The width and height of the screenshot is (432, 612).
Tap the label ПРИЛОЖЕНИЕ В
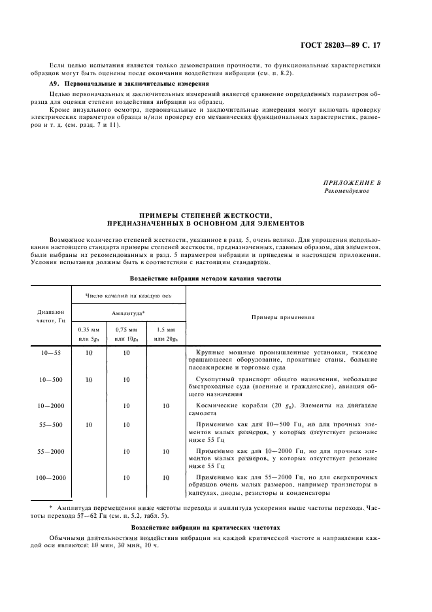[352, 182]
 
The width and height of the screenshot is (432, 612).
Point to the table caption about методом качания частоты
[205, 278]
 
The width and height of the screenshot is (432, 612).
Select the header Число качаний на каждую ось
[129, 295]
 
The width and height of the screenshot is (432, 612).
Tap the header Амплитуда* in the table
[129, 313]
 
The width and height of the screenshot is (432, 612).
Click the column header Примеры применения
[283, 317]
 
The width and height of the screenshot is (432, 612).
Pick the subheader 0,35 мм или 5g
[90, 334]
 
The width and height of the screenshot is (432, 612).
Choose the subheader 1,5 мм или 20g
[166, 334]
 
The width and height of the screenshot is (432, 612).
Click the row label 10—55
[51, 352]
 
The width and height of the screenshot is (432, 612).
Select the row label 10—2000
[51, 405]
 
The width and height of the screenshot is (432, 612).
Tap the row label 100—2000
[51, 478]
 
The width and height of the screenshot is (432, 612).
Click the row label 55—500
[51, 424]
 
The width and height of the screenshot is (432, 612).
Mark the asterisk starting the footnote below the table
[51, 507]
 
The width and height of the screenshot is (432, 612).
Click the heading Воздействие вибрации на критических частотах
[205, 526]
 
